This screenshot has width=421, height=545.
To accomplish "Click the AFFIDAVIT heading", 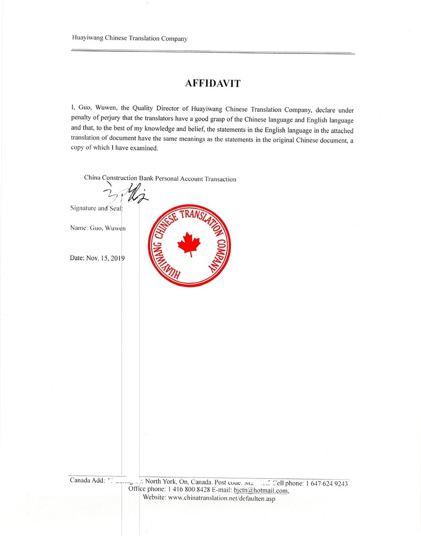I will [x=213, y=83].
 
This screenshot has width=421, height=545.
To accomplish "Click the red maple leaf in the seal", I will [x=186, y=243].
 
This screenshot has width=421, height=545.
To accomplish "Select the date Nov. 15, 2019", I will [x=98, y=258].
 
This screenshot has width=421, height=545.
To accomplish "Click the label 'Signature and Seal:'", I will [x=96, y=208].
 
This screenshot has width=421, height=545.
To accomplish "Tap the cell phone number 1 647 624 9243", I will [x=327, y=484].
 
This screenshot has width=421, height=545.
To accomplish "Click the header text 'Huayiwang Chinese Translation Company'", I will [x=129, y=38].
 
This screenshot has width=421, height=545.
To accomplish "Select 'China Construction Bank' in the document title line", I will [x=118, y=178].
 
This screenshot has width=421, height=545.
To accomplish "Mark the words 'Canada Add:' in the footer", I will [x=87, y=480].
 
